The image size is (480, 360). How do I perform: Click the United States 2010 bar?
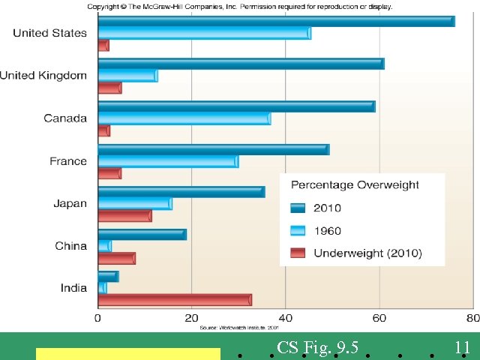click(x=276, y=21)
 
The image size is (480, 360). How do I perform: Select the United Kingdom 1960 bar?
click(x=127, y=75)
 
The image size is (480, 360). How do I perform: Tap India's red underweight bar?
click(x=174, y=300)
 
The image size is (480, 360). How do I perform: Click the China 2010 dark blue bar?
click(x=142, y=235)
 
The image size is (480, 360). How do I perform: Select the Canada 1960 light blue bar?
click(x=184, y=118)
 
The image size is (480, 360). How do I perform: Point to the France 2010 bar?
click(x=213, y=150)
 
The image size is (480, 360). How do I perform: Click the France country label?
click(x=68, y=161)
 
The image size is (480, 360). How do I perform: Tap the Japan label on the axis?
click(x=70, y=203)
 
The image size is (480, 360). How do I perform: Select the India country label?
click(x=73, y=288)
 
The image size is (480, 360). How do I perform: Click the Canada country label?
click(x=65, y=118)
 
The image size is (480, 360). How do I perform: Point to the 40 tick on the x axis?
click(x=285, y=317)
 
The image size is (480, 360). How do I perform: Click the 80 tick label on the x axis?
click(x=471, y=317)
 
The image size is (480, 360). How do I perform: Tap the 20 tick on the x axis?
click(x=191, y=317)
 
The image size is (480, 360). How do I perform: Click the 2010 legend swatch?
click(x=298, y=208)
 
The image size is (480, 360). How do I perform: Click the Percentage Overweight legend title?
click(x=355, y=185)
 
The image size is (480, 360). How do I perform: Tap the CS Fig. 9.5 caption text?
click(x=317, y=347)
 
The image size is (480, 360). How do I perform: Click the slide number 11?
click(x=462, y=347)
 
